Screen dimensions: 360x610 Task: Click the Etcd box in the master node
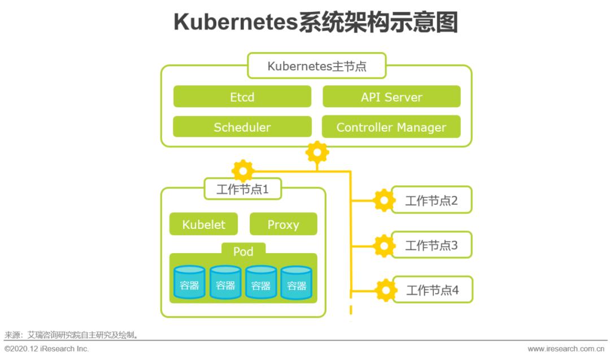coord(242,97)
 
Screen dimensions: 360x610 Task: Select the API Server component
coord(391,97)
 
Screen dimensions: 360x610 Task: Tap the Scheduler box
coord(242,127)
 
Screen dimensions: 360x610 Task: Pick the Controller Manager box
coord(391,127)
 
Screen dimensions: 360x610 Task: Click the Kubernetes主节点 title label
coord(317,66)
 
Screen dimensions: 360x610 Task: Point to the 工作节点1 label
coord(242,189)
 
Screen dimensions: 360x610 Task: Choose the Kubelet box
coord(203,224)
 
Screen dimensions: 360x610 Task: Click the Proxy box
coord(283,224)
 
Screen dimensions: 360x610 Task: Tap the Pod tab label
coord(243,251)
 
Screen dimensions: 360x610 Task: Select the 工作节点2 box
coord(432,200)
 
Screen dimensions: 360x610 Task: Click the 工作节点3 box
coord(432,245)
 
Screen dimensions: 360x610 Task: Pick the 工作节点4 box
coord(432,290)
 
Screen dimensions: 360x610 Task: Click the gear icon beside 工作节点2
coord(384,200)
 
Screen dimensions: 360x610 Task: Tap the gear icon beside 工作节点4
coord(386,290)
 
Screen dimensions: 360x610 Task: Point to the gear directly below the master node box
coord(317,152)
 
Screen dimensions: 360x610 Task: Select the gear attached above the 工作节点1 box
coord(243,170)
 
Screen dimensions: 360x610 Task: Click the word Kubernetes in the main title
coord(236,23)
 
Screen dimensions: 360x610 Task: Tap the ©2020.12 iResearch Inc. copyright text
coord(46,349)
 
